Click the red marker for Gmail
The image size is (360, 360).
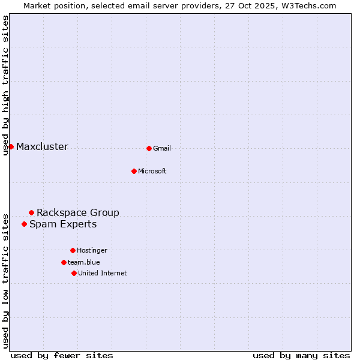[x=149, y=148]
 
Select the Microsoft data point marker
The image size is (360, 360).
[x=134, y=171]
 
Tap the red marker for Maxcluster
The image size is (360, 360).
[x=11, y=146]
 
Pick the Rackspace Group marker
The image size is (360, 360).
[x=31, y=212]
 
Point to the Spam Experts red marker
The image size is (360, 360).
[x=24, y=224]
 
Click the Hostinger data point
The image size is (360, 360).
[x=73, y=250]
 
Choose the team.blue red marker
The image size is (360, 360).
[x=64, y=262]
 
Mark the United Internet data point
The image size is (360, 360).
[x=74, y=273]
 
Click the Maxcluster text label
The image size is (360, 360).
[x=42, y=147]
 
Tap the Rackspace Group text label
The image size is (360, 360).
[x=78, y=212]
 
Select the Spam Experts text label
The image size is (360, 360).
[x=63, y=224]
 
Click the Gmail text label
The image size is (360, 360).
[x=162, y=149]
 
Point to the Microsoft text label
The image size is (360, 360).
[x=152, y=172]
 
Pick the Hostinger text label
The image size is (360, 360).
[x=92, y=251]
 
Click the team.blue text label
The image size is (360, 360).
[x=84, y=262]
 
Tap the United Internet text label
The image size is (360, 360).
[x=103, y=274]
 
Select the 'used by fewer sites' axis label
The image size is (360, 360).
[x=62, y=355]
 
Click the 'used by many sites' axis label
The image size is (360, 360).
[x=301, y=355]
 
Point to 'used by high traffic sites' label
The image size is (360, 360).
[x=5, y=85]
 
